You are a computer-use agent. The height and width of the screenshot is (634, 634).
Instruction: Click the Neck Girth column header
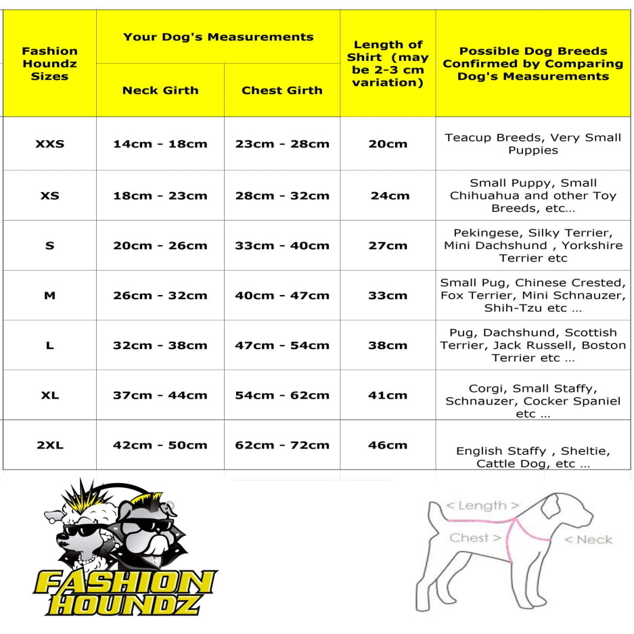click(x=160, y=90)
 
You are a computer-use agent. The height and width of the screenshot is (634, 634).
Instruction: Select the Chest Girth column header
click(x=282, y=90)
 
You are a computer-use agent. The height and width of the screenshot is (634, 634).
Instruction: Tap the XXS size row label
click(x=49, y=143)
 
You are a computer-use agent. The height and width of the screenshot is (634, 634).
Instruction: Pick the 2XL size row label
click(x=49, y=445)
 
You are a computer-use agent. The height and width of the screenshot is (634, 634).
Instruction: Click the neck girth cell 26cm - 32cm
click(x=160, y=296)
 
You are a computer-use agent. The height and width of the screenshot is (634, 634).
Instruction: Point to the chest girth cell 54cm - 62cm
click(x=282, y=395)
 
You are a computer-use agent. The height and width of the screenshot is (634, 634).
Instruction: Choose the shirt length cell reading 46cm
click(x=388, y=445)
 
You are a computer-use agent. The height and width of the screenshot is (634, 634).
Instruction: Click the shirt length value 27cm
click(x=388, y=246)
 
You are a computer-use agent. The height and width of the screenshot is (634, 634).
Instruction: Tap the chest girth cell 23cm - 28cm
click(x=282, y=143)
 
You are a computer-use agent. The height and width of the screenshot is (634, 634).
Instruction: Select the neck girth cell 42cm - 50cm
click(x=160, y=445)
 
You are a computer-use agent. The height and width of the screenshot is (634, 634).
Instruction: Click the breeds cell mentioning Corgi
click(x=533, y=401)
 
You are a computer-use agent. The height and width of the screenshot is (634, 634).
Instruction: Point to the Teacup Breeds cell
click(x=533, y=143)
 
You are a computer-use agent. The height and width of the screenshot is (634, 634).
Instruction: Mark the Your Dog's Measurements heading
click(x=218, y=37)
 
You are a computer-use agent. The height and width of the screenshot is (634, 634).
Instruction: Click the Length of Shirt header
click(x=388, y=64)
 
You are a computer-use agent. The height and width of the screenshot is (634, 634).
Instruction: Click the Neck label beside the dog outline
click(x=587, y=539)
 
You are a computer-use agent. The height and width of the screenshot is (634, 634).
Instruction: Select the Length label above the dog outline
click(x=482, y=505)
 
